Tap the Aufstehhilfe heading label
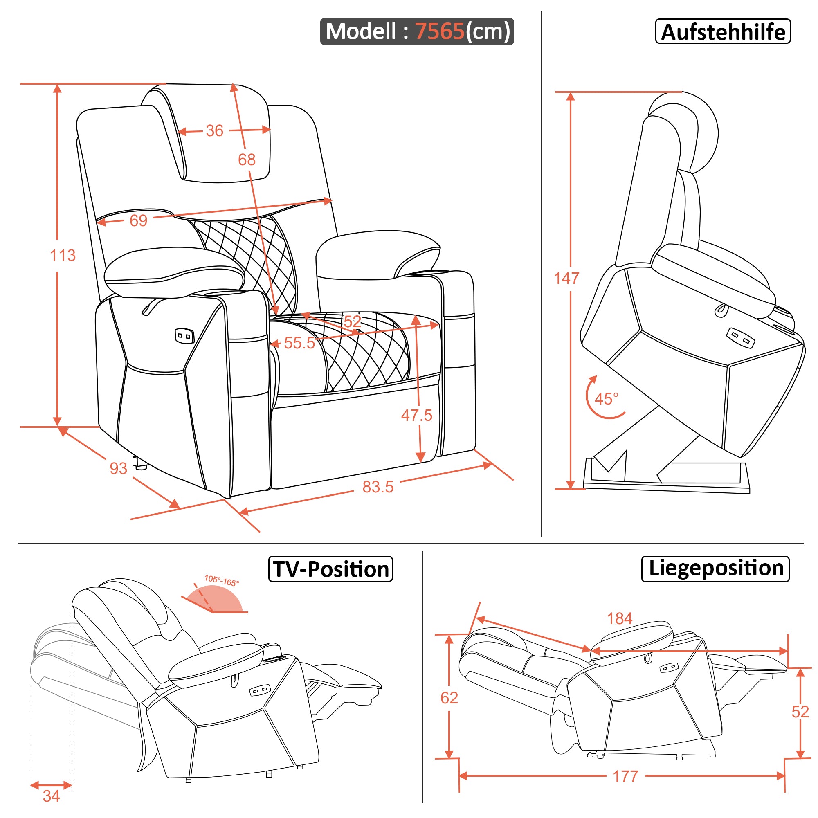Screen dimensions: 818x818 (x=722, y=32)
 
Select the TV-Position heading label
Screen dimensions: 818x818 (x=330, y=569)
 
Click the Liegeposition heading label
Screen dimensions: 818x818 (x=715, y=568)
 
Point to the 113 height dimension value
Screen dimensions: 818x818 (x=63, y=255)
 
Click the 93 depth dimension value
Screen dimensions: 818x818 (x=118, y=468)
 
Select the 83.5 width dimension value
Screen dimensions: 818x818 (x=378, y=487)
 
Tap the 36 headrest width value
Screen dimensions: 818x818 (x=214, y=130)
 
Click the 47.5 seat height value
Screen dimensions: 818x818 (x=417, y=416)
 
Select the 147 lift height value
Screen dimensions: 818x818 (x=566, y=278)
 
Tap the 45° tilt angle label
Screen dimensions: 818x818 (x=606, y=399)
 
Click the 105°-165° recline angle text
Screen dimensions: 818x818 (x=221, y=580)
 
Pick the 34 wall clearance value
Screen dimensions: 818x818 (x=51, y=796)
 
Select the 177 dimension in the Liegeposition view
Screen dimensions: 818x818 (x=625, y=777)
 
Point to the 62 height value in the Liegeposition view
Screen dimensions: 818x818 (x=449, y=698)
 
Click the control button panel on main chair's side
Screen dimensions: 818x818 (x=184, y=336)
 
